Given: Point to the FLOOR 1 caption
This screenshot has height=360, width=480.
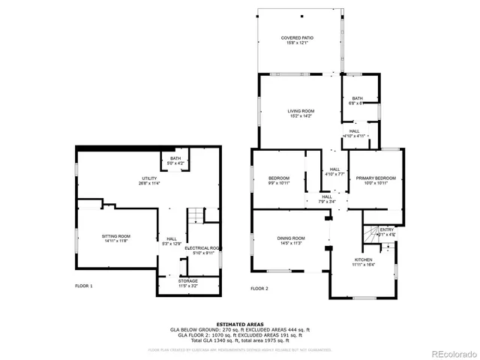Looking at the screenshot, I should [x=84, y=286].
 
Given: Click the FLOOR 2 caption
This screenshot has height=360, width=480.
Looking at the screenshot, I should [x=259, y=288].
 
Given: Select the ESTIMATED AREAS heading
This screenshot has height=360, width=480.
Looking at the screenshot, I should [x=240, y=324].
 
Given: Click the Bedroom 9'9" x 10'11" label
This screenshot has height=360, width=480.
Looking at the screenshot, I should [x=279, y=180].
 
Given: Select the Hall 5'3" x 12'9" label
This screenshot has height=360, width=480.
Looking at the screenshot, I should [x=172, y=241].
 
